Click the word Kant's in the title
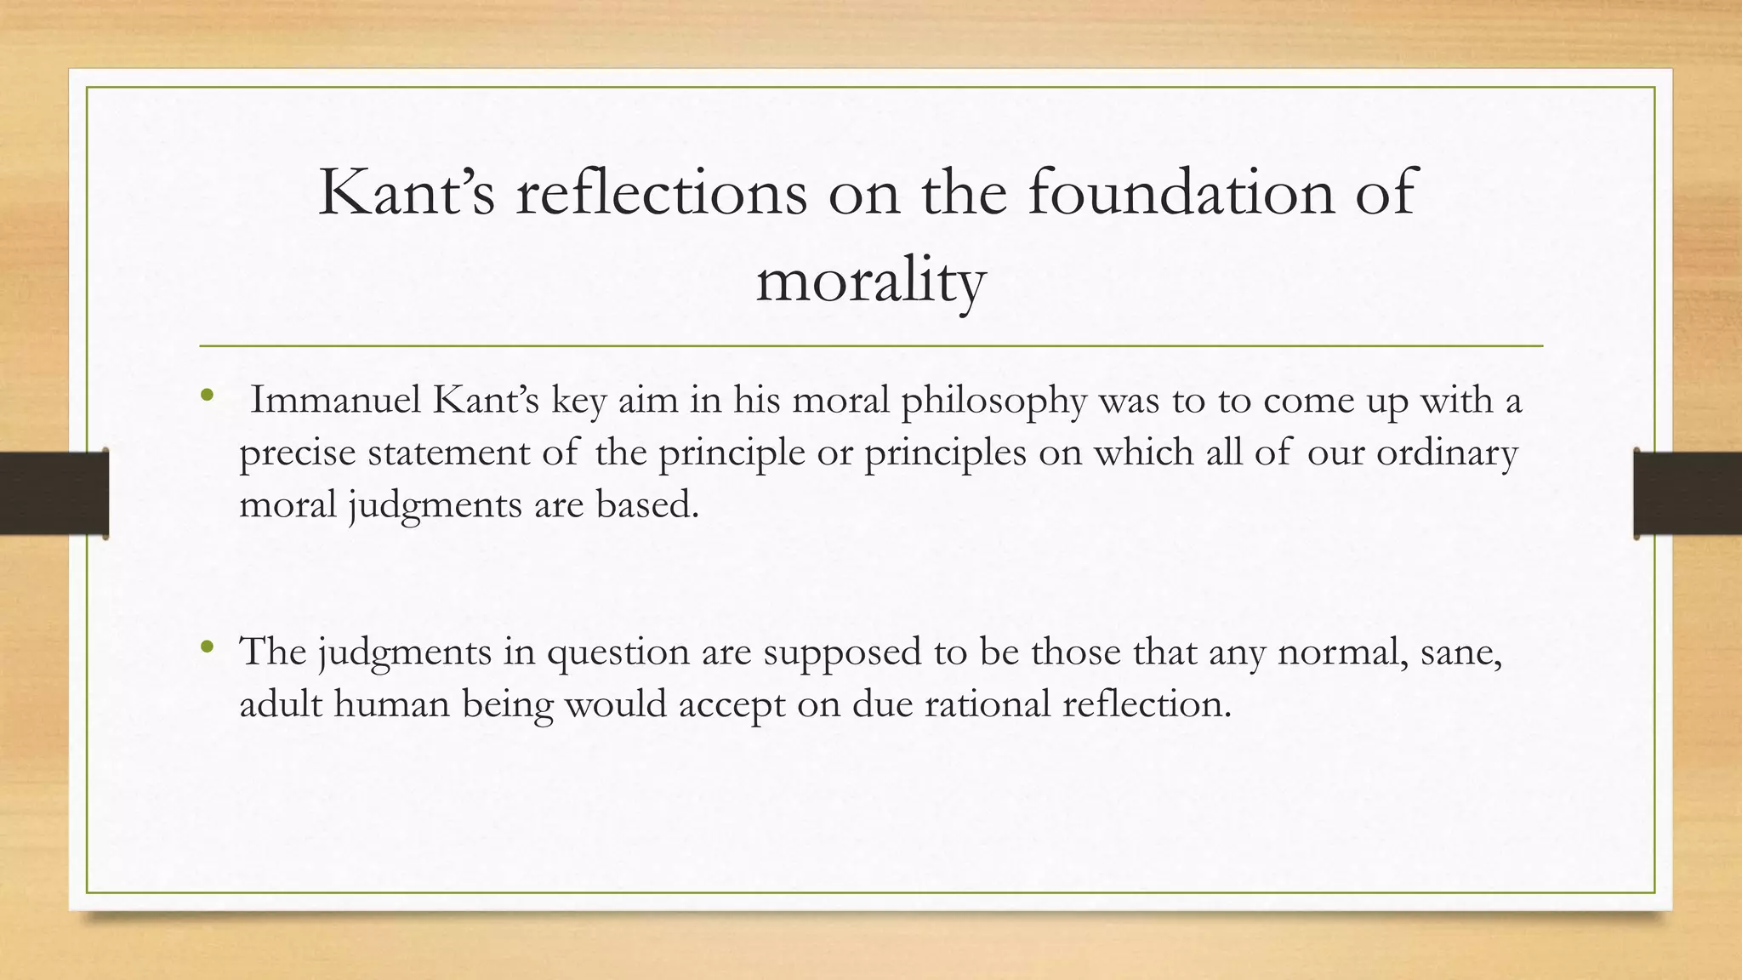coord(406,193)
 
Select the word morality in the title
coord(870,282)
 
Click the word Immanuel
coord(335,400)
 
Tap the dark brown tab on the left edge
coord(54,493)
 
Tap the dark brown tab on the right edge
coord(1688,493)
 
